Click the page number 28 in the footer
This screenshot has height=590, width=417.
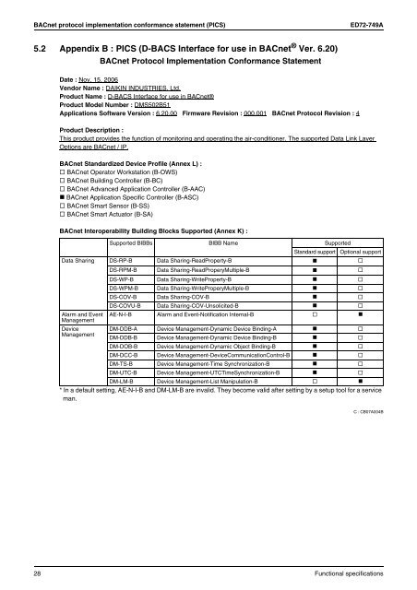click(38, 573)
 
